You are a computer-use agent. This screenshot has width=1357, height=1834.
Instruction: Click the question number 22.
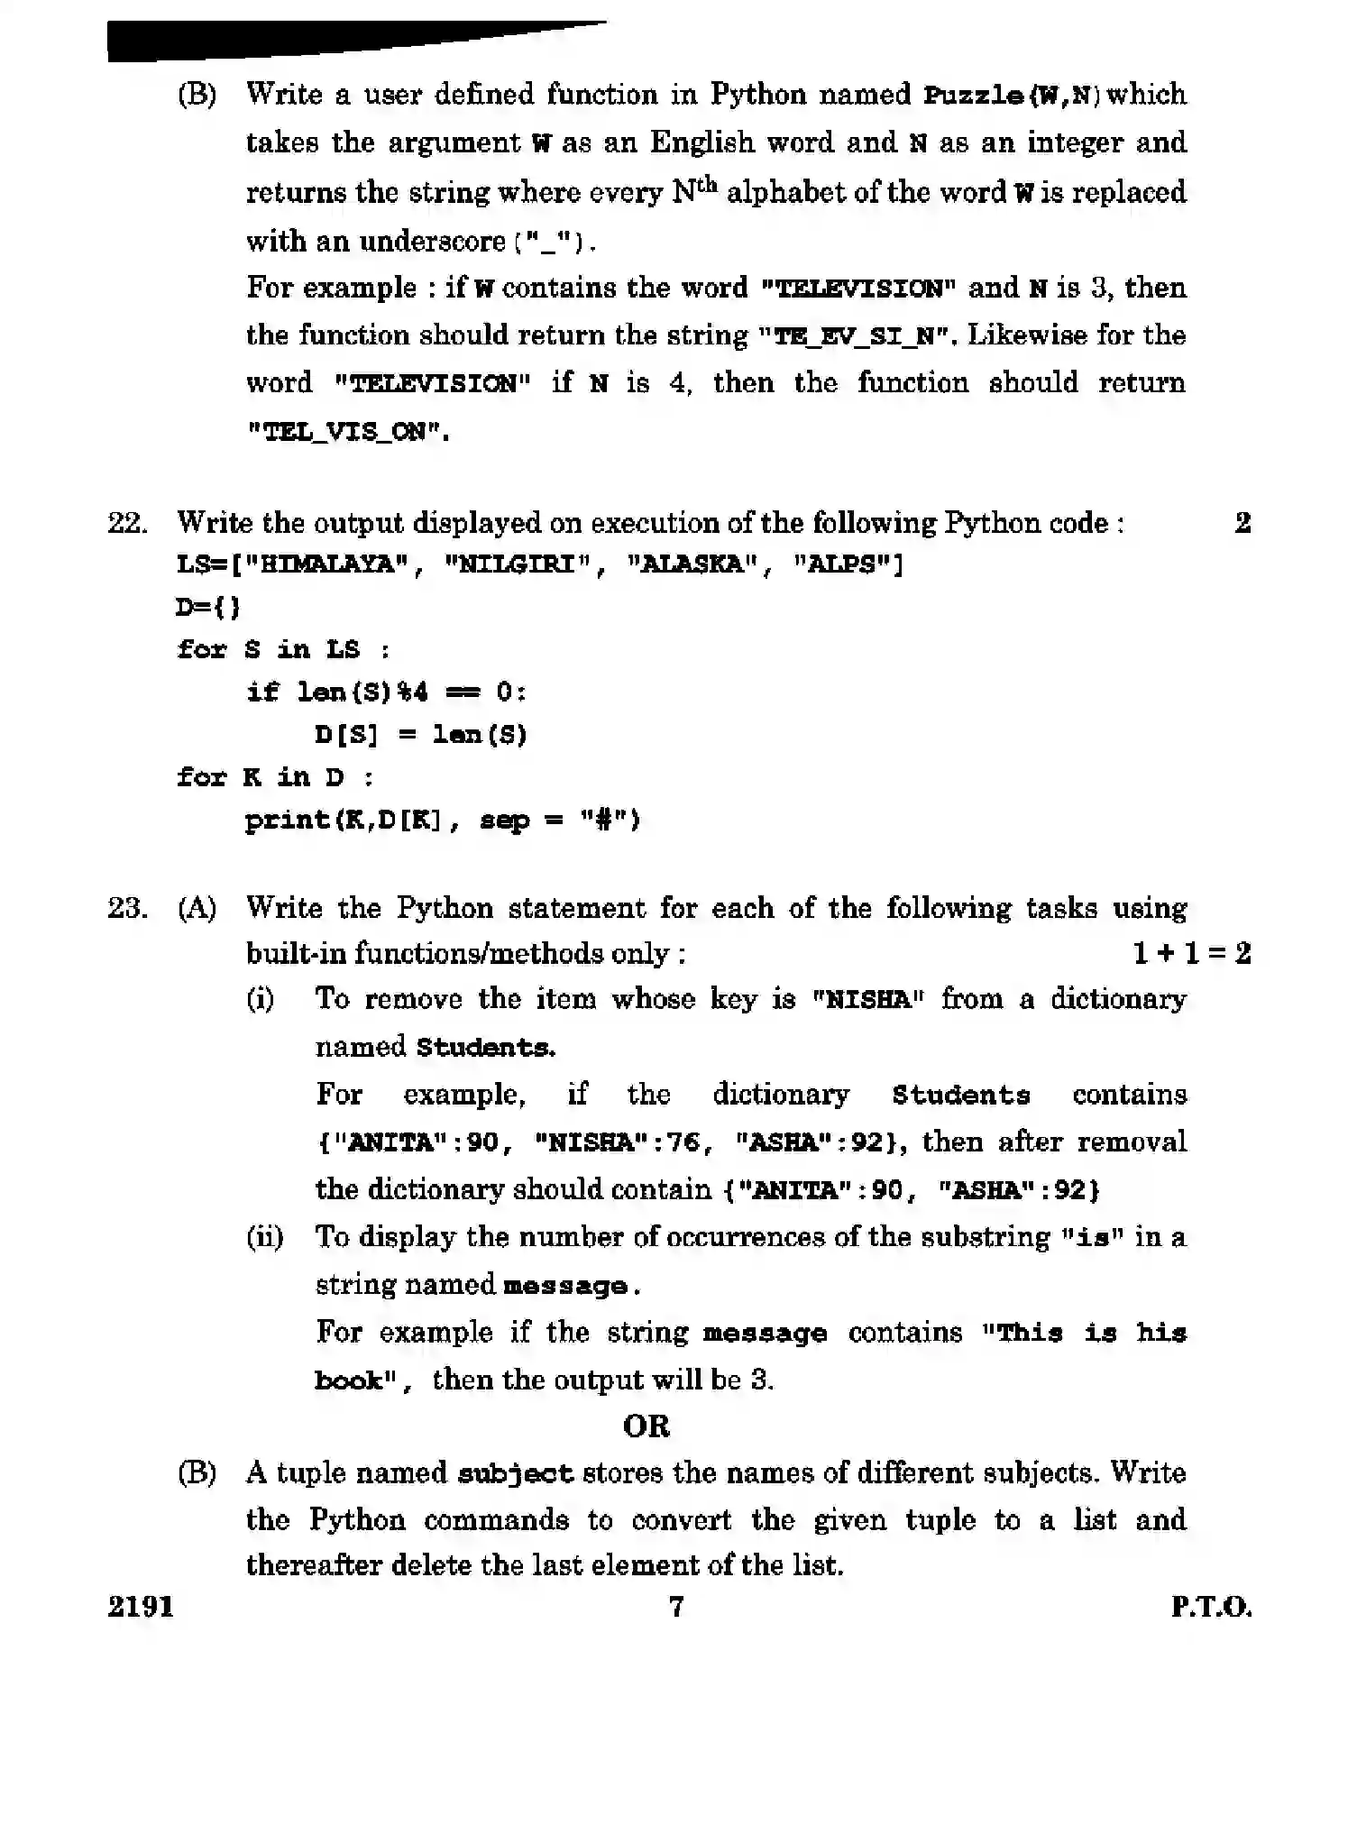(x=127, y=523)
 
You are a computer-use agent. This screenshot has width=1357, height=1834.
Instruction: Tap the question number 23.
(x=127, y=907)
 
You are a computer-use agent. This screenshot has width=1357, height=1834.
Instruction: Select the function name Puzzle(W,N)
(x=1009, y=95)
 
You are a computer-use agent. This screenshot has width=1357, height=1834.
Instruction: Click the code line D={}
(x=208, y=607)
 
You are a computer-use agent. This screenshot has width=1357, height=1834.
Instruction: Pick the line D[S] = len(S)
(x=421, y=734)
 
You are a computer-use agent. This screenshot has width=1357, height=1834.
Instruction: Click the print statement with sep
(x=443, y=820)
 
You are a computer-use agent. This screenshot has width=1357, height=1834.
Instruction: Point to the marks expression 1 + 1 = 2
(x=1191, y=954)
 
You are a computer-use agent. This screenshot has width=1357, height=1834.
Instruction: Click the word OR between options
(x=646, y=1426)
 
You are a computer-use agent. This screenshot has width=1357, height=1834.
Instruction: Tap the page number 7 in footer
(x=676, y=1606)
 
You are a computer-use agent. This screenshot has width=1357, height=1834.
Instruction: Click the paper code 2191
(x=141, y=1606)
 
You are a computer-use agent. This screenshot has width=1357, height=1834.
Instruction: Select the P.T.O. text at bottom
(x=1211, y=1606)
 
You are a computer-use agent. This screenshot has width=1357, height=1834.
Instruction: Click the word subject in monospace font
(x=515, y=1474)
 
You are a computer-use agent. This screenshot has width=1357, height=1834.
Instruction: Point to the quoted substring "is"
(x=1091, y=1237)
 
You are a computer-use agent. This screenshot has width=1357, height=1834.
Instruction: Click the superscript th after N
(x=707, y=186)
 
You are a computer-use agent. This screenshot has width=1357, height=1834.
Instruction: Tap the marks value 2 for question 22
(x=1242, y=523)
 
